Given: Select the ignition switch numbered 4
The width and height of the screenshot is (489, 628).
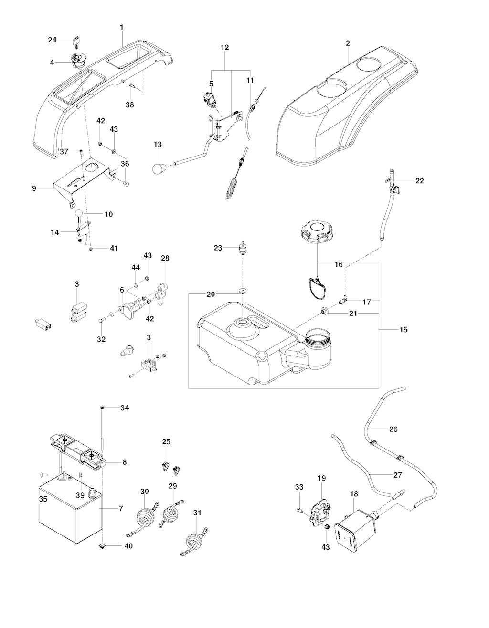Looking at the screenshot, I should tap(77, 61).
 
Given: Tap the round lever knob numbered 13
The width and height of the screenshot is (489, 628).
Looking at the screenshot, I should tap(159, 168).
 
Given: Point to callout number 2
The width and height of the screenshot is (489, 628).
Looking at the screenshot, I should tap(348, 43).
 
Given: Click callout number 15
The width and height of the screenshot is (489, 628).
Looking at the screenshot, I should tap(404, 330).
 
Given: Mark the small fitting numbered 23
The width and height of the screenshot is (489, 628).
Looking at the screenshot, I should tap(243, 247).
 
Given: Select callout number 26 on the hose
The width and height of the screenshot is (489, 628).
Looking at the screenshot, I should tap(393, 429).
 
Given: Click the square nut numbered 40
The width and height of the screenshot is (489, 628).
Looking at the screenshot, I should tap(102, 546).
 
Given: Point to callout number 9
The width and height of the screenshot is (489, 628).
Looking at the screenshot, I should tap(34, 188).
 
